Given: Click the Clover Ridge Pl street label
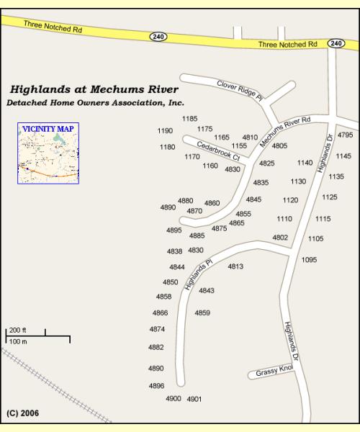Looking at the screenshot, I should pyautogui.click(x=240, y=90).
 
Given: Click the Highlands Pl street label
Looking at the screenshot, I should pyautogui.click(x=199, y=274).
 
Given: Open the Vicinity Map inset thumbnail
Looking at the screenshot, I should pyautogui.click(x=48, y=154).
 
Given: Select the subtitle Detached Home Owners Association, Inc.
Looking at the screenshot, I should pyautogui.click(x=95, y=103).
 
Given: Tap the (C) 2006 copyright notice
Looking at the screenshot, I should pyautogui.click(x=22, y=413).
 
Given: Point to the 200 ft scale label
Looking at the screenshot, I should pyautogui.click(x=17, y=330).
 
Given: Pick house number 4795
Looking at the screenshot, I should pyautogui.click(x=345, y=135).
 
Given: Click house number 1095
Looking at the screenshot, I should pyautogui.click(x=309, y=259).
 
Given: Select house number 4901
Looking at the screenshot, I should pyautogui.click(x=194, y=398).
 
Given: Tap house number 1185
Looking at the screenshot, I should pyautogui.click(x=189, y=118).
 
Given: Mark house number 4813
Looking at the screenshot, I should pyautogui.click(x=235, y=266).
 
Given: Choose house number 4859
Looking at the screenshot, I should pyautogui.click(x=202, y=312).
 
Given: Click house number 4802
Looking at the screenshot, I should pyautogui.click(x=280, y=237).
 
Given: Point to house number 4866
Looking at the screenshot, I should pyautogui.click(x=160, y=312).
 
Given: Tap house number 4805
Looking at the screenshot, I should pyautogui.click(x=279, y=145).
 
